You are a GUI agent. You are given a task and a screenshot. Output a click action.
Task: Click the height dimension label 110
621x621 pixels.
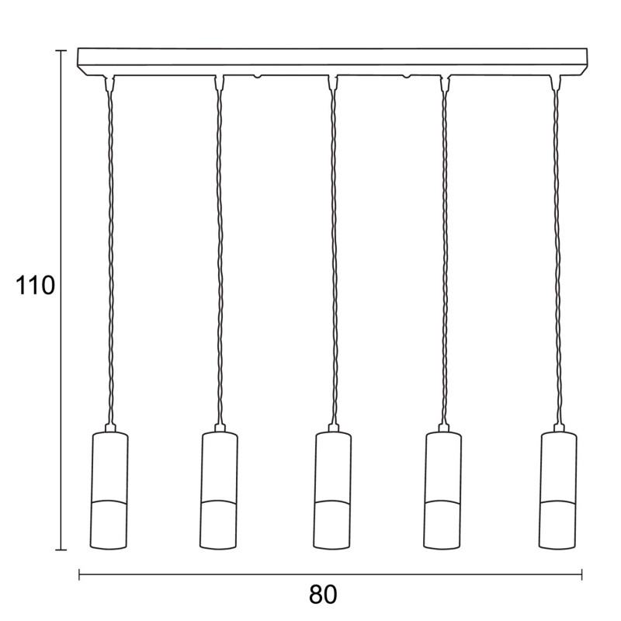coord(35,285)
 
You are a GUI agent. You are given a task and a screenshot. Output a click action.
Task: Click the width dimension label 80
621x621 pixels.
coord(323,594)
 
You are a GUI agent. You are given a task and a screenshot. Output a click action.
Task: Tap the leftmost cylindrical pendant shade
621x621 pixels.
coord(109,491)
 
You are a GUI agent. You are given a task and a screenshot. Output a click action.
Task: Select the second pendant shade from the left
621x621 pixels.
coord(219,491)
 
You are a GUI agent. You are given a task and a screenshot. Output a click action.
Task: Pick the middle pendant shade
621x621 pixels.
coord(332,491)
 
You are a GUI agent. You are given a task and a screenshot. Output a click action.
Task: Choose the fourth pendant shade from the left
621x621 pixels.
coord(442,491)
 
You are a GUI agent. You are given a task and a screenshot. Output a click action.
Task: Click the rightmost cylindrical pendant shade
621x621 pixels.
coord(558,491)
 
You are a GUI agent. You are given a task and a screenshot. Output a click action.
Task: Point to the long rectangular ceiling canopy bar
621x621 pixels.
coord(332,62)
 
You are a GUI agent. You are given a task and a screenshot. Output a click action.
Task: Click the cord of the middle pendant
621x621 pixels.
coord(335,258)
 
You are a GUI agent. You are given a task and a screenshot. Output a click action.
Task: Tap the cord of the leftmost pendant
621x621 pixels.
coord(110,258)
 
